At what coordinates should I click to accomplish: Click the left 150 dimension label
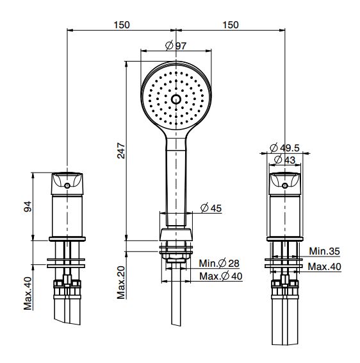[122, 25]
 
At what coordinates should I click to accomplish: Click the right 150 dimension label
[231, 25]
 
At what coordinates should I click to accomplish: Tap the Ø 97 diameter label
[176, 46]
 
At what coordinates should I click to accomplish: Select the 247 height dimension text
[121, 151]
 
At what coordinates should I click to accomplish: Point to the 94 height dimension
[28, 207]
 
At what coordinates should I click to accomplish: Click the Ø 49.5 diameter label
[284, 148]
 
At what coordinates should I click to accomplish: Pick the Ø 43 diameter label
[285, 160]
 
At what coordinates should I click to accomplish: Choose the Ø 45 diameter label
[211, 208]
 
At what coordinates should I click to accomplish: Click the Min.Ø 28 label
[219, 263]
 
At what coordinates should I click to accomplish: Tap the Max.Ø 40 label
[221, 276]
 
